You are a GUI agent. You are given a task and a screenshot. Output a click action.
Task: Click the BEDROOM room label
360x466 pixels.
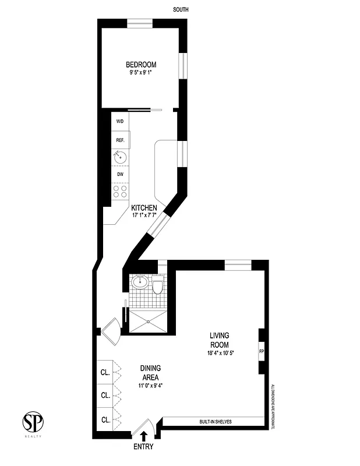point(141,65)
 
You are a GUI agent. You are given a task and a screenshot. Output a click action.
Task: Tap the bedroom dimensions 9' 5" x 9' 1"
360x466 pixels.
point(141,73)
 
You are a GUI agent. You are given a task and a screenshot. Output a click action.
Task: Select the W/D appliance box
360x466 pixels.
point(120,122)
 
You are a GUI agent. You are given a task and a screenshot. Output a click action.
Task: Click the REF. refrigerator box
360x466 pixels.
point(120,140)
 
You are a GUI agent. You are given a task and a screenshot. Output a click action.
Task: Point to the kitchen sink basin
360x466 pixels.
point(121,157)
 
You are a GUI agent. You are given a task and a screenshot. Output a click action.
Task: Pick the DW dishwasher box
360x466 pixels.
point(120,174)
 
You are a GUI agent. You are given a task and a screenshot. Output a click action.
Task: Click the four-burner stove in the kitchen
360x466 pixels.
point(120,192)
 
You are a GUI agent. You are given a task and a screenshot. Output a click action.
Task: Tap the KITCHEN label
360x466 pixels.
point(144,208)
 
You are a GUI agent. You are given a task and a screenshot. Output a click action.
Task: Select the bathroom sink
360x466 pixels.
point(140,283)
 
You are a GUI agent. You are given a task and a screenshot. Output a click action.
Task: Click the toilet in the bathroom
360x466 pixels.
point(157,286)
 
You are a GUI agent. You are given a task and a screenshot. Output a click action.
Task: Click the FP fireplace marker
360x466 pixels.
point(261,351)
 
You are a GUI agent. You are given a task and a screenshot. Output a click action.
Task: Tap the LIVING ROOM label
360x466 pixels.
point(220,340)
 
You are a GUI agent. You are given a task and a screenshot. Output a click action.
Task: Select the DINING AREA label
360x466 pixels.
point(150,373)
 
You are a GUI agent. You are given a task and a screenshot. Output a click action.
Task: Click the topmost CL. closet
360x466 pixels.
point(105,372)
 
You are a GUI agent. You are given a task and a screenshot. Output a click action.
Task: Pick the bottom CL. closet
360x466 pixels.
point(105,419)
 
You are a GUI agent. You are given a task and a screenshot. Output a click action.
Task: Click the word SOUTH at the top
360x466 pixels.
point(181,10)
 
